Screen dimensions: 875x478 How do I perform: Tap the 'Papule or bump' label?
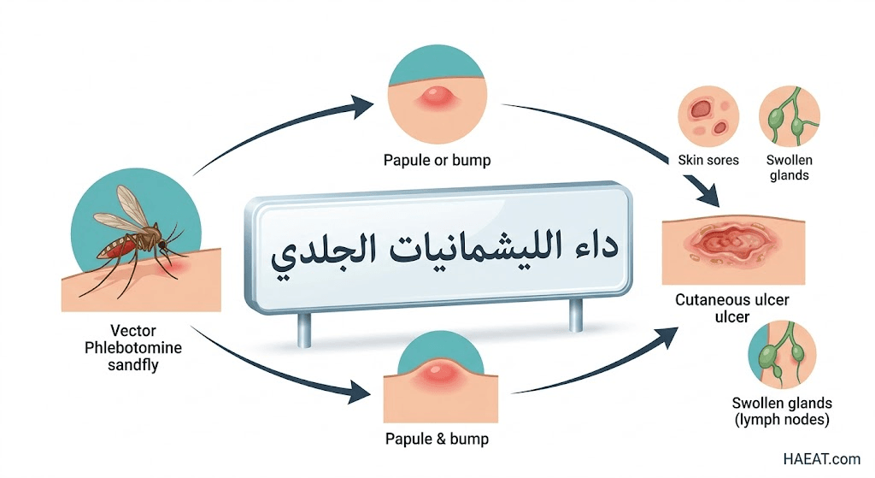437,161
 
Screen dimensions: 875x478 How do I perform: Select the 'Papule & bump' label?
437,439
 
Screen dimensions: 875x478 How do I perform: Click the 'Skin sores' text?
708,160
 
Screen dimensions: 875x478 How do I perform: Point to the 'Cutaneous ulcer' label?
732,300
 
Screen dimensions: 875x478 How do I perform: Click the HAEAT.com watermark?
821,459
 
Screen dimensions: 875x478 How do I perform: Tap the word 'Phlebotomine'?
133,348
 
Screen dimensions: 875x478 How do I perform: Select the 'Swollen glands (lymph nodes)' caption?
782,411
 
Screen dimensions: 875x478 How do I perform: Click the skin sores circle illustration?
708,116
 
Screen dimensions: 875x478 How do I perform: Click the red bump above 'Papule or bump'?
437,97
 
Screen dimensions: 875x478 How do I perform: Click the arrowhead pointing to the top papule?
361,106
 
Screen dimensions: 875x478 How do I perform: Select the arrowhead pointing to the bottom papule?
358,392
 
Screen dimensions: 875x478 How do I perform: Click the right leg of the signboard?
575,315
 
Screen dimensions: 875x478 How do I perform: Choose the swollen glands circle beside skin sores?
789,116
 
